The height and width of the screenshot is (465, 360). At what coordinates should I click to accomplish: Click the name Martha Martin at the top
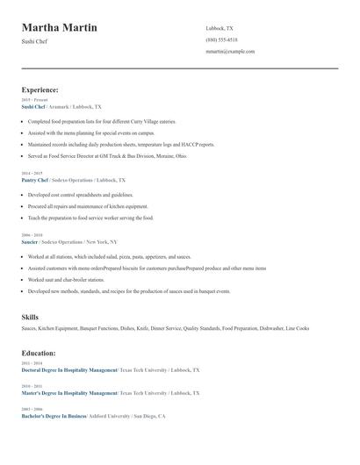point(59,28)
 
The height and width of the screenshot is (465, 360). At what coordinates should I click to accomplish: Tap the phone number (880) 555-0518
point(221,39)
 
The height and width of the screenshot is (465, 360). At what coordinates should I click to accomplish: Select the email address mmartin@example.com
point(230,52)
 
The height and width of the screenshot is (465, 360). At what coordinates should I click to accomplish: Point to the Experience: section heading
point(40,89)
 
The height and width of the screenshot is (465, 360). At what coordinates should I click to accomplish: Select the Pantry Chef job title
point(35,180)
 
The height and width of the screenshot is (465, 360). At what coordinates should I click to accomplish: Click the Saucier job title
point(31,241)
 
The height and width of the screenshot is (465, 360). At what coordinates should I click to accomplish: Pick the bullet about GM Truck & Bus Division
point(107,155)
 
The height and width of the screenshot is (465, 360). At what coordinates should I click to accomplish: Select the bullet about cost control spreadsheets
point(81,195)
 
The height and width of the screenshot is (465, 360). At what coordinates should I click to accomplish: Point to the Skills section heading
point(30,316)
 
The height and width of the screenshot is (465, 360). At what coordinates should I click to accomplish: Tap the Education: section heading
point(39,353)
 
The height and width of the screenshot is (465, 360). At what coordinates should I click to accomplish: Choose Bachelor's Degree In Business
point(54,416)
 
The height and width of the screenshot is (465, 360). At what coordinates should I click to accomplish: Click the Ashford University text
point(112,416)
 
